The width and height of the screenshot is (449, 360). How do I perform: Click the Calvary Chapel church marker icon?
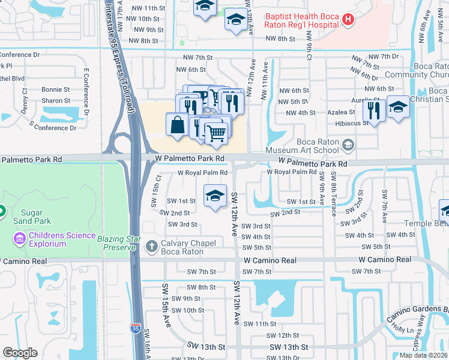coord(152,246)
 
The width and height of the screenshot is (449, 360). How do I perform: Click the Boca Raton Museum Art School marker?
coord(348,145)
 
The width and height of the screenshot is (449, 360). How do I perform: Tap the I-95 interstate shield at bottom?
coord(136,328)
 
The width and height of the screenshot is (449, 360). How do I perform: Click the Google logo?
coord(20,353)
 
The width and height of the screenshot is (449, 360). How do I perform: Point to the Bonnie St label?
coord(56,89)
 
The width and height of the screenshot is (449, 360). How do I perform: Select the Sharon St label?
coord(56,101)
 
